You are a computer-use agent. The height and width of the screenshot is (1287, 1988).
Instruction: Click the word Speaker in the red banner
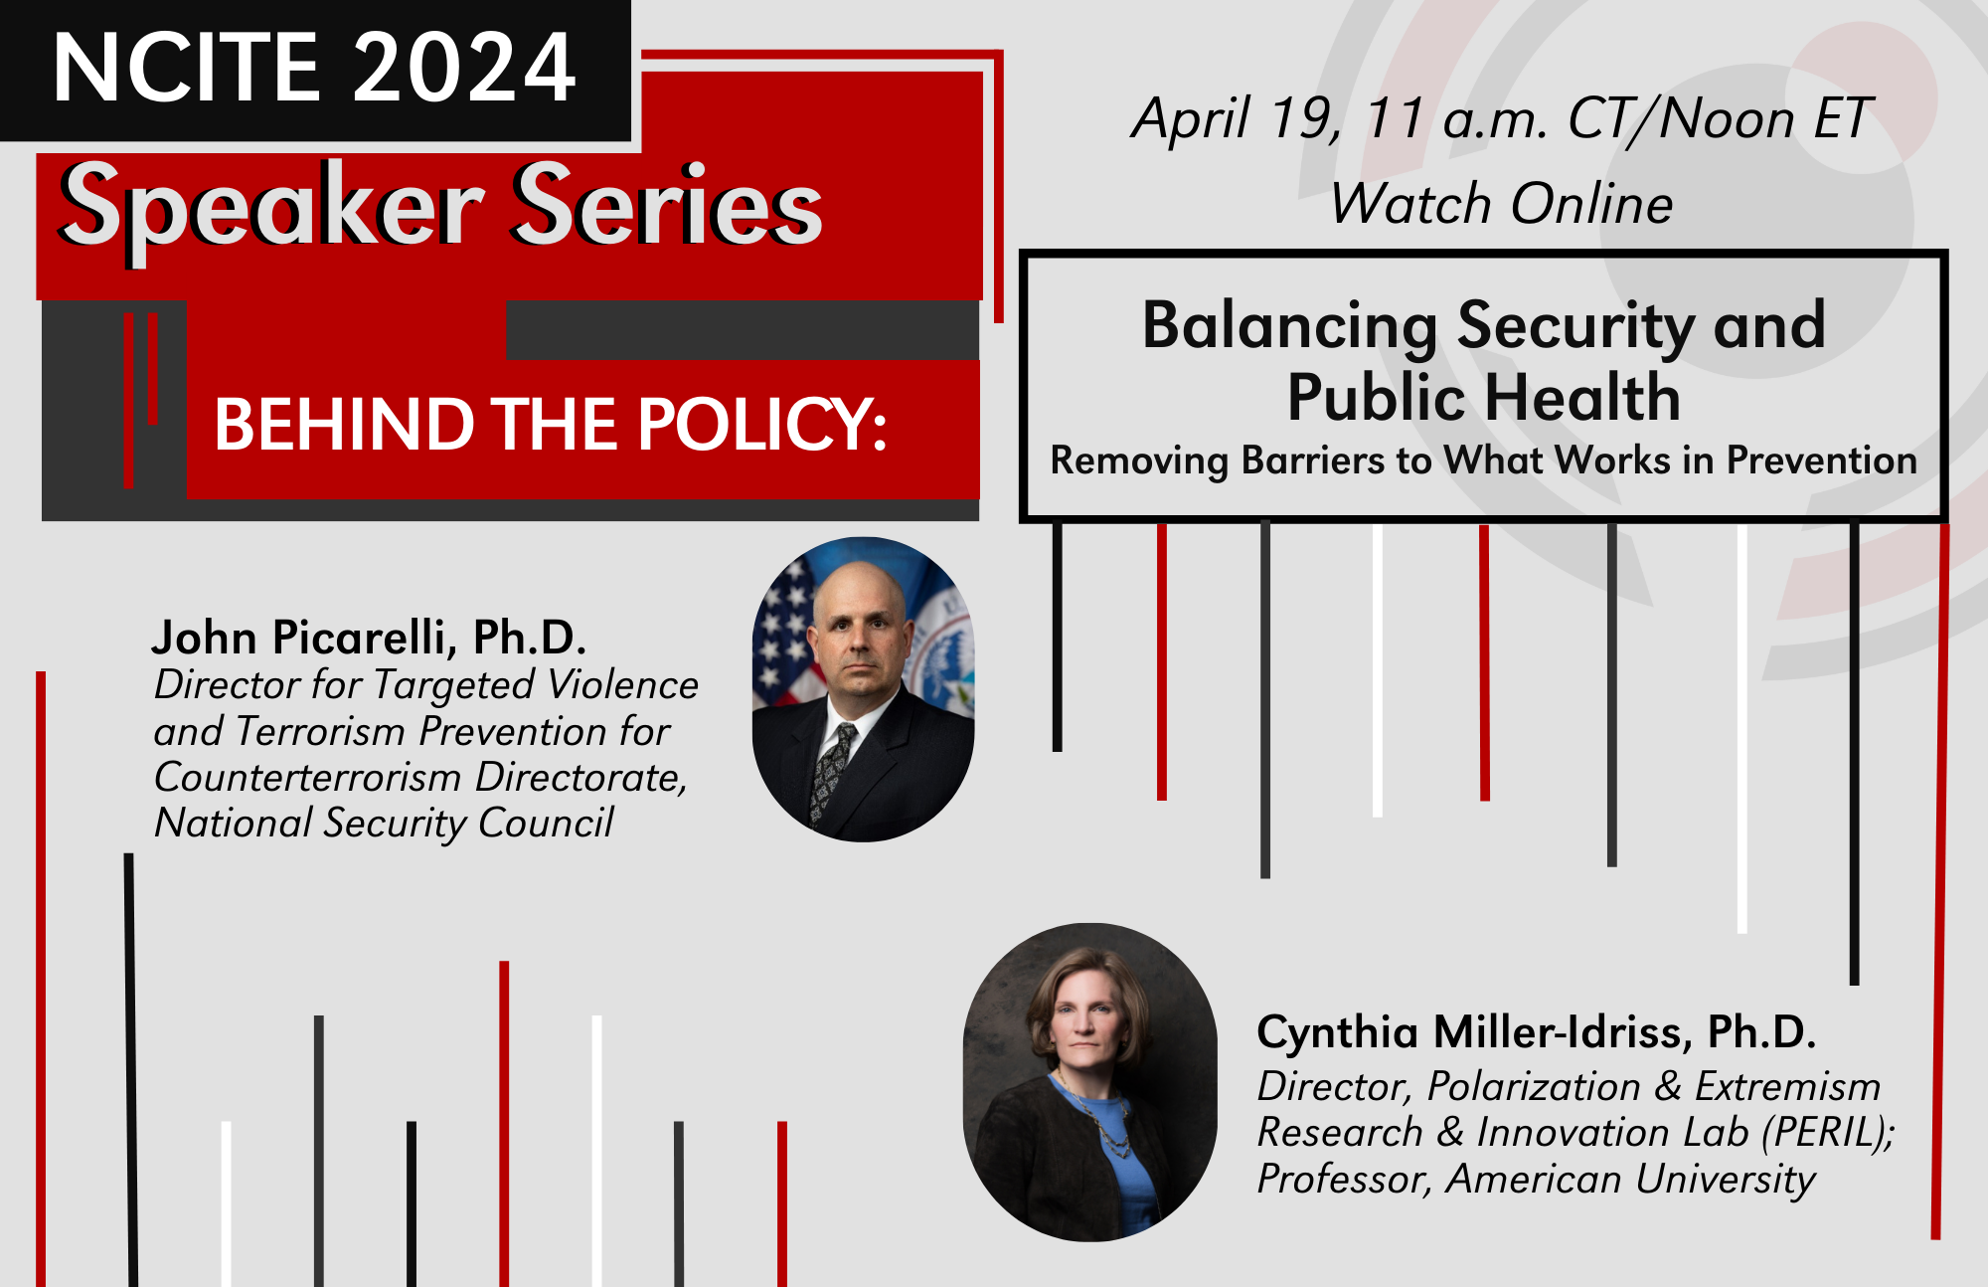[270, 207]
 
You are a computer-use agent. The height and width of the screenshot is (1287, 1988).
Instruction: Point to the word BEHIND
[343, 425]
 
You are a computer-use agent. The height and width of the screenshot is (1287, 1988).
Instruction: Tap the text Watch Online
[1501, 204]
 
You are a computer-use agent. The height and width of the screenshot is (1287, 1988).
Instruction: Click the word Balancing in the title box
[1289, 325]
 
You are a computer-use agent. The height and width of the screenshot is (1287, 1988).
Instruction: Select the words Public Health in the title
[1483, 398]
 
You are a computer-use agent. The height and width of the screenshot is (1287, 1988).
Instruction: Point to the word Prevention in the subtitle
[1821, 460]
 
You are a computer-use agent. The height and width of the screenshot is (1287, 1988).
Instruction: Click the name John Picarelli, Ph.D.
[369, 638]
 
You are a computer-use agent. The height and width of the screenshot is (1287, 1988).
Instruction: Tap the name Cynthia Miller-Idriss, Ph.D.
[1536, 1032]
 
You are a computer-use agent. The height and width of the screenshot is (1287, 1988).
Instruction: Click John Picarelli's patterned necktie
[832, 771]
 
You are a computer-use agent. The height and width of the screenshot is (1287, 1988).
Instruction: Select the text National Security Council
[384, 824]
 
